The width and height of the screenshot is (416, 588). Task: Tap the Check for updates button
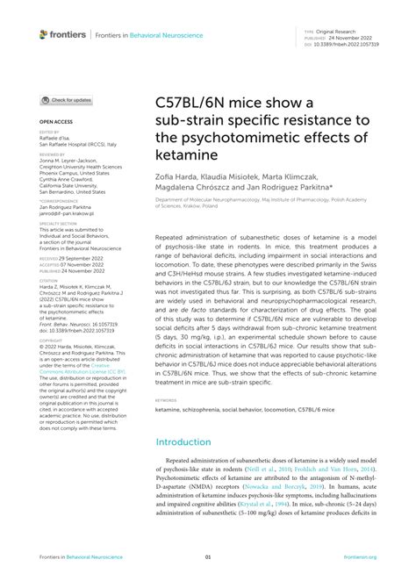(x=66, y=100)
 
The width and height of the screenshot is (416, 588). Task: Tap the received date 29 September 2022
(x=86, y=260)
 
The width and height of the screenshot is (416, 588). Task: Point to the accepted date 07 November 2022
(x=86, y=266)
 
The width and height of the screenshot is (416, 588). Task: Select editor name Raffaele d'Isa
(x=59, y=139)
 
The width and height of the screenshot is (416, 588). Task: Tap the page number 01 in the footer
(x=208, y=556)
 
